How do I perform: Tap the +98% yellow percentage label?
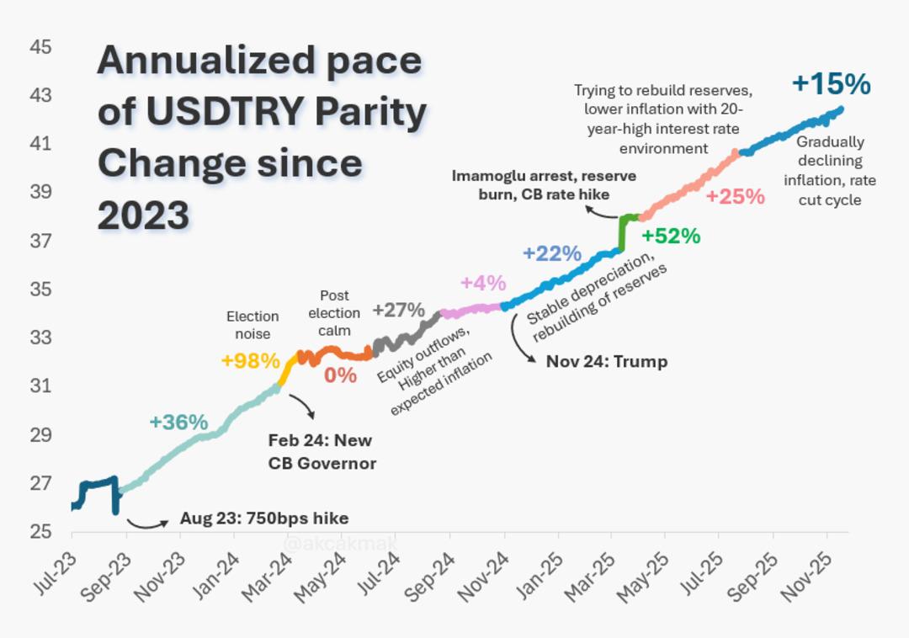tap(250, 361)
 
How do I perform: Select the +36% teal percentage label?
tap(178, 423)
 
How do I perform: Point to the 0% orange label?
tap(340, 375)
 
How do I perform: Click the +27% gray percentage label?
tap(398, 310)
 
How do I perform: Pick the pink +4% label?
tap(483, 283)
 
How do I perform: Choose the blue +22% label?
tap(552, 253)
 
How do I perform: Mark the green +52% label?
tap(671, 237)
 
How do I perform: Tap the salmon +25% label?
tap(735, 197)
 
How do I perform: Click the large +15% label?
tap(831, 84)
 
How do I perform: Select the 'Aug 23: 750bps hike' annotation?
tap(263, 518)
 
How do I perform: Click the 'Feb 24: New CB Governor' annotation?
tap(322, 452)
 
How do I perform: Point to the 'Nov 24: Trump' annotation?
tap(606, 362)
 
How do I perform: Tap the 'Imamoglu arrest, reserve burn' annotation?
tap(544, 185)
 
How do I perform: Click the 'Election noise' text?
tap(252, 325)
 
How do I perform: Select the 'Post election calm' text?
tap(334, 313)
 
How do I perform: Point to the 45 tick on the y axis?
tap(40, 47)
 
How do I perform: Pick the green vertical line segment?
tap(623, 233)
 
